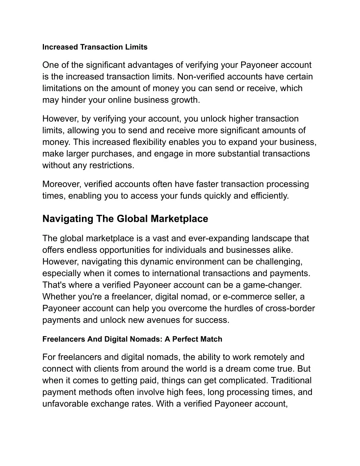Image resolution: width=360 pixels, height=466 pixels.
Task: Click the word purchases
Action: coord(113,154)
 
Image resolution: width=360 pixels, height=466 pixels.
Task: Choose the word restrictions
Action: coord(114,165)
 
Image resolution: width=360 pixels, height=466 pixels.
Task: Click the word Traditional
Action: coord(291,381)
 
